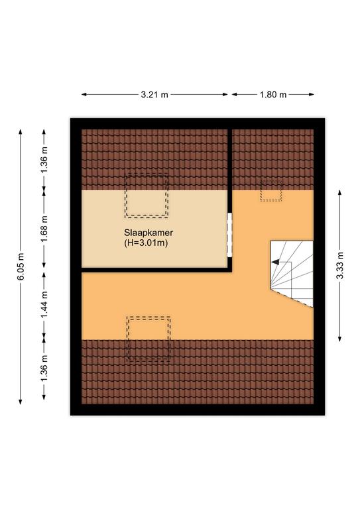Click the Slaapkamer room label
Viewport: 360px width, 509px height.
pos(149,233)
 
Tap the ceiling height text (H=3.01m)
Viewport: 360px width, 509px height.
pos(146,243)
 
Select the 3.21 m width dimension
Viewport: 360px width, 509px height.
pos(154,95)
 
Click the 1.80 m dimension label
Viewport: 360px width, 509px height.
pos(273,95)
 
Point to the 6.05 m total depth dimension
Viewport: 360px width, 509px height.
pos(21,266)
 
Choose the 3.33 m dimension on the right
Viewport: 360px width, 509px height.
pos(339,266)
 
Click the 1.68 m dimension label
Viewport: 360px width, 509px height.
pos(44,228)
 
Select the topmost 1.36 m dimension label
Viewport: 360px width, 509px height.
pos(44,159)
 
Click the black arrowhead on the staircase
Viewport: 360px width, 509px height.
pos(275,262)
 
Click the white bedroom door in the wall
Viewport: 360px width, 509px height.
pos(229,235)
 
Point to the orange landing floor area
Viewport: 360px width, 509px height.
pos(195,305)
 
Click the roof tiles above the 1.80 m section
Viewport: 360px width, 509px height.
pos(273,159)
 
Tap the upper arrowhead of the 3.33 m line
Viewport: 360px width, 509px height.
pos(339,192)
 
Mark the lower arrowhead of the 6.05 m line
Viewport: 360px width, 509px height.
pos(21,402)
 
